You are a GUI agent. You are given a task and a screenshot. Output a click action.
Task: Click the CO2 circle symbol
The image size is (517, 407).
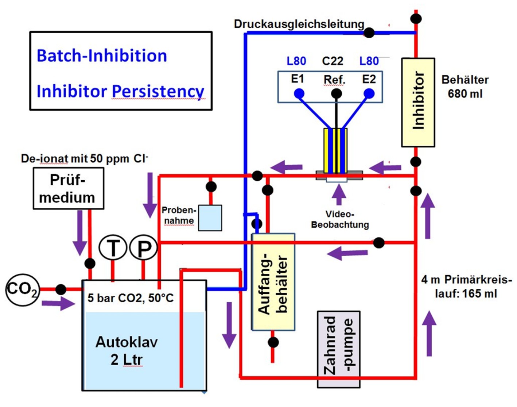pos(22,289)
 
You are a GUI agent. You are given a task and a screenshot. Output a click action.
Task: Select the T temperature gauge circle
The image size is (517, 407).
pos(113,248)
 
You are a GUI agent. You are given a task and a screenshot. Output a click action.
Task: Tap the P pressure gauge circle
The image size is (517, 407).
pos(144,248)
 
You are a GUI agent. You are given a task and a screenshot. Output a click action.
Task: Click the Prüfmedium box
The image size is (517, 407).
pos(69,188)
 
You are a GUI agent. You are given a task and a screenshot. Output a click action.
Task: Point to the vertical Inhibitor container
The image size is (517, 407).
pos(418,102)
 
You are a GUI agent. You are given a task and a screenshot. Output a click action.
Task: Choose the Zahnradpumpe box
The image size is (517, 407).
pos(339,349)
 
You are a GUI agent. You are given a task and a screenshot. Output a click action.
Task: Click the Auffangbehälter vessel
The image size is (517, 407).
pos(273,282)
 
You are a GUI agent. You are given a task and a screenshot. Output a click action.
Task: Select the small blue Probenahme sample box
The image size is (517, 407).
pos(210,218)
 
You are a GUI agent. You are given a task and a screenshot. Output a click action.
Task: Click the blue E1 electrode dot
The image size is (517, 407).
pos(299,94)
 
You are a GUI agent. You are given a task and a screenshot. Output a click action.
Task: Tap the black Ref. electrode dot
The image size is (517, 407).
pos(336,94)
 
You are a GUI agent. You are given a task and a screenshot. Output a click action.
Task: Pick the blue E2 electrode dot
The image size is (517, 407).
pos(369,94)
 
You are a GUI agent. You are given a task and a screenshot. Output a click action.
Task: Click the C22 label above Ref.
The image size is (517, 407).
pos(333,61)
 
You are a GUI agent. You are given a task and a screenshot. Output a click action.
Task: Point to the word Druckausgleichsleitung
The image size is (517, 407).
pos(299,24)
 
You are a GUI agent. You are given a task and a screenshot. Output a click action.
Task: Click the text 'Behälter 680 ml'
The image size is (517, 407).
pos(465,87)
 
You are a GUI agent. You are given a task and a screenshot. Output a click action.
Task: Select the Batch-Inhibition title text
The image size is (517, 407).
pos(102,56)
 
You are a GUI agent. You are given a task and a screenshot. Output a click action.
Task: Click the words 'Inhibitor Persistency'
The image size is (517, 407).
pos(120,91)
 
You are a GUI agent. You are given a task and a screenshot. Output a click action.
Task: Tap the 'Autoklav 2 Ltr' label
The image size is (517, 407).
pos(127,350)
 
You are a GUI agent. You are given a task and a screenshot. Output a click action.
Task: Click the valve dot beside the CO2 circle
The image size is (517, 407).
pos(61,290)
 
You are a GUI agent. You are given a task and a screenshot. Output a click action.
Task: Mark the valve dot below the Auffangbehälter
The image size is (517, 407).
pos(273,342)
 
